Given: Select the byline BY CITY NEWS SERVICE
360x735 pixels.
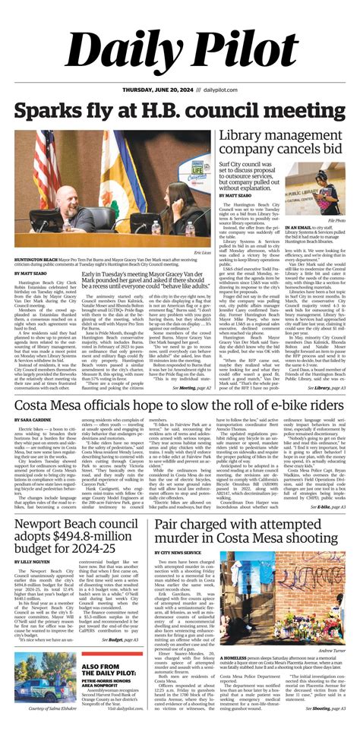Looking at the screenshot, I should pos(177,531).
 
